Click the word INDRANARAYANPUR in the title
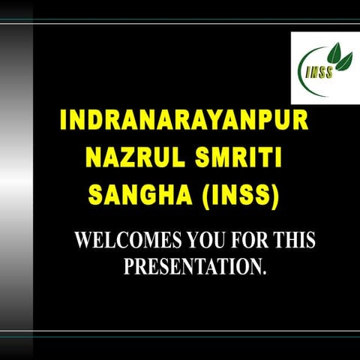[x=183, y=123]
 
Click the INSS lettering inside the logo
[x=317, y=73]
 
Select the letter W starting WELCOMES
[x=85, y=241]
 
